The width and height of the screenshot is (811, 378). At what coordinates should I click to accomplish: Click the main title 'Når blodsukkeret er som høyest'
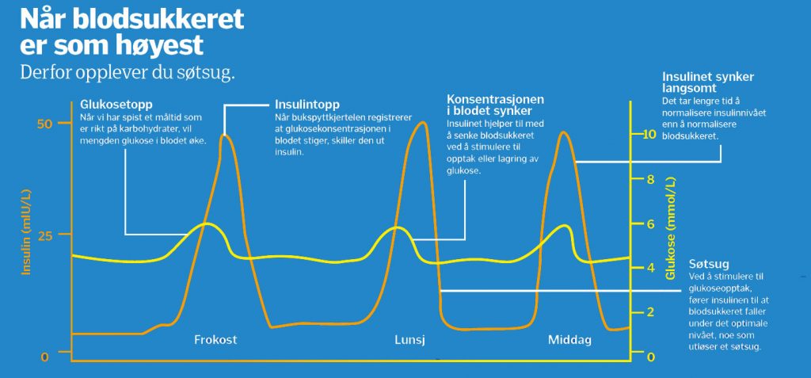tap(132, 32)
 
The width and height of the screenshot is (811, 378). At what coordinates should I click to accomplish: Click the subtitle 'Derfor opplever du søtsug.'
tap(128, 72)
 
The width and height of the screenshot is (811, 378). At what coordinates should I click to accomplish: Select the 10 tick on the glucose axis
tap(649, 134)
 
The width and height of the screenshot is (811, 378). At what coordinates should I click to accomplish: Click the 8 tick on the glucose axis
tap(651, 179)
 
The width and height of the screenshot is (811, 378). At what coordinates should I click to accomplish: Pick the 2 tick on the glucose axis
tap(651, 312)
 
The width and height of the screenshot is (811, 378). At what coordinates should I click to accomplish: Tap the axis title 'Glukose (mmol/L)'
tap(672, 228)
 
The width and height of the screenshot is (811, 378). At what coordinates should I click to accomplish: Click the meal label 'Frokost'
tap(215, 340)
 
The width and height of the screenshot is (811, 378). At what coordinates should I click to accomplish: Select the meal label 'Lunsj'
tap(409, 340)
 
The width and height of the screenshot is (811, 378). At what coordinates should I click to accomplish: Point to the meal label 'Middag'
tap(569, 340)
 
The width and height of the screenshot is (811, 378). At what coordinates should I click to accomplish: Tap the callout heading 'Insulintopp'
tap(307, 104)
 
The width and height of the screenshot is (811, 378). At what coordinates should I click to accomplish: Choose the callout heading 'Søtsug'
tap(705, 263)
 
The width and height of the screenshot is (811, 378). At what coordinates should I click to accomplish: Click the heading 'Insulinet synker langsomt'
tap(708, 82)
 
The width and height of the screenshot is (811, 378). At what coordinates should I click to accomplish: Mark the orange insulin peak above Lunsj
tap(423, 123)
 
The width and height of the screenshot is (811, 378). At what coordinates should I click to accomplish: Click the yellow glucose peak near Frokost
tap(207, 223)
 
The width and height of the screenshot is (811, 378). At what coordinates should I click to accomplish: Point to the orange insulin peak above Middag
tap(563, 132)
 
